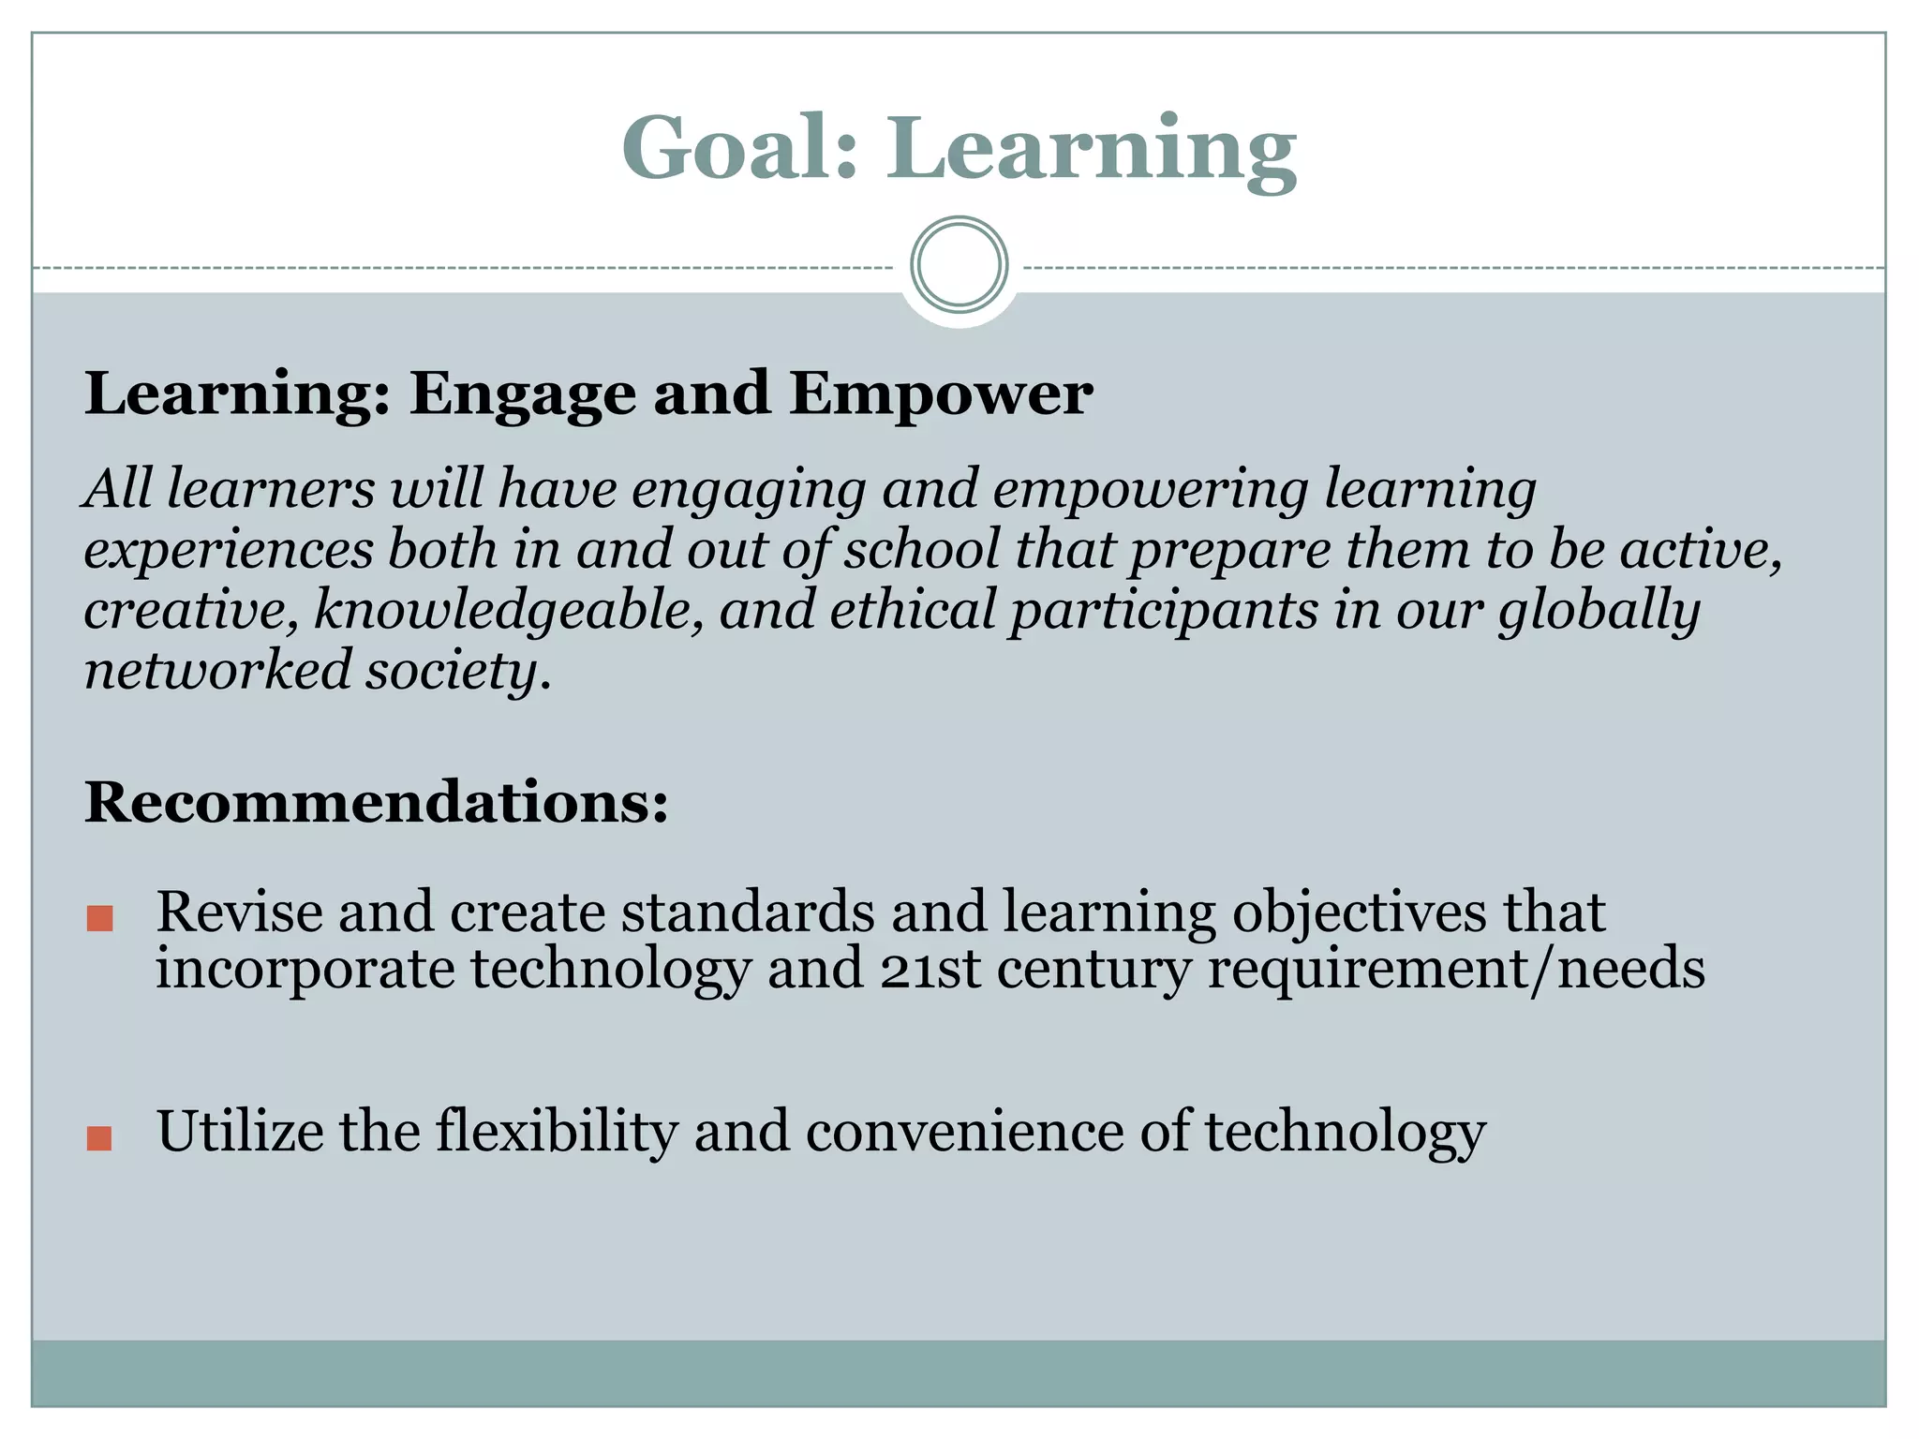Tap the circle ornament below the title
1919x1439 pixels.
point(959,265)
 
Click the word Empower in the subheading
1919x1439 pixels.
point(940,394)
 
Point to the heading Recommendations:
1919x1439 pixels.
point(377,803)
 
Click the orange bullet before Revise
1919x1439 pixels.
point(99,918)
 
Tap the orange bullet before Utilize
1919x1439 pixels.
point(99,1138)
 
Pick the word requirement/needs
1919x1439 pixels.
point(1456,969)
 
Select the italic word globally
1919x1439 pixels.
point(1599,611)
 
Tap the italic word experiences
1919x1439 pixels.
point(229,551)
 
